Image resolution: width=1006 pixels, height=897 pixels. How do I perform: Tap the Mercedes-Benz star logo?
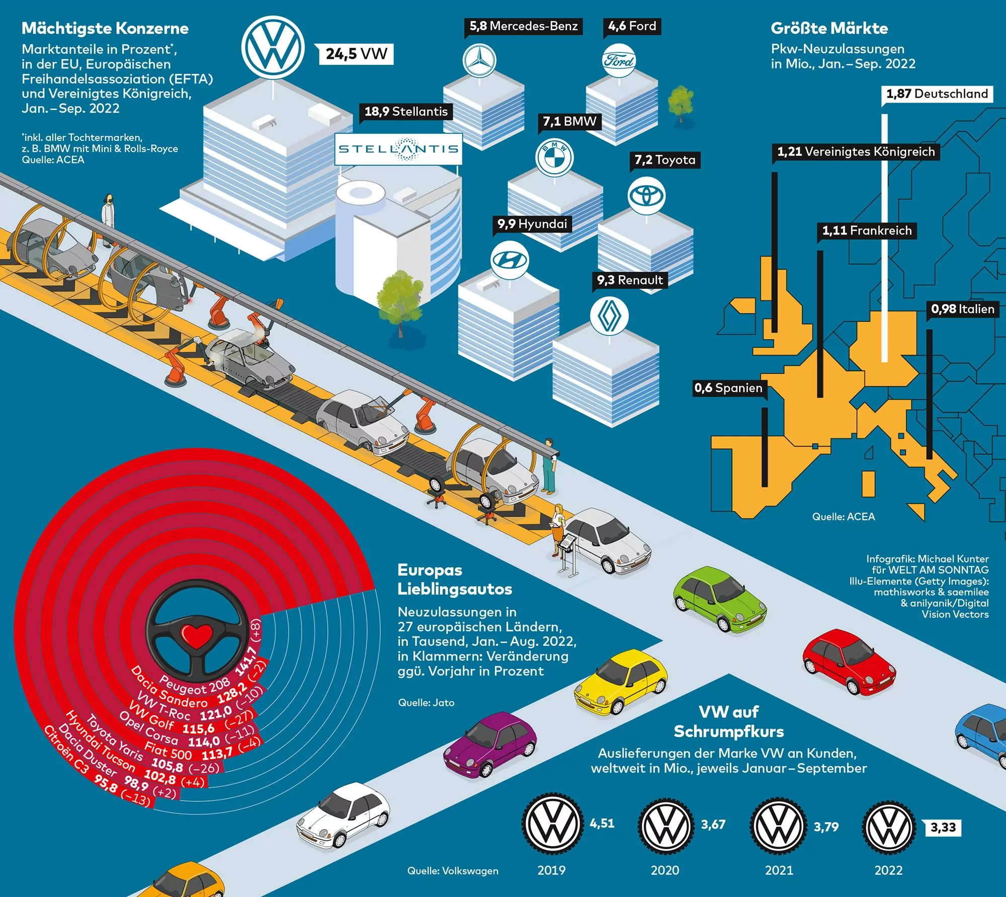coord(479,61)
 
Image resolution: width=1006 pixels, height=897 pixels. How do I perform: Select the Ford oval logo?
coord(619,61)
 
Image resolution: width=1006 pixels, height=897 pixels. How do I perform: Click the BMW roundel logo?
coord(554,157)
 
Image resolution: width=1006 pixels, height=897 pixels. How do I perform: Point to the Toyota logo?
coord(647,196)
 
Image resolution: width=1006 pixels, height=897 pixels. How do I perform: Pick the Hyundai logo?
coord(510,260)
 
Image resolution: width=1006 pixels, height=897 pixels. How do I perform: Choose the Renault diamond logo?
coord(609,315)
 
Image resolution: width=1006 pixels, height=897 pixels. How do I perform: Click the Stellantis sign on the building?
coord(398,149)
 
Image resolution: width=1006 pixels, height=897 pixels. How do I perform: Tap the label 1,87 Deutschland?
coord(937,94)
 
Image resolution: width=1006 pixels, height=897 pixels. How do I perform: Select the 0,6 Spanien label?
coord(728,388)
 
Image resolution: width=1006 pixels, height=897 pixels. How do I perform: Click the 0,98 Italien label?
coord(962,309)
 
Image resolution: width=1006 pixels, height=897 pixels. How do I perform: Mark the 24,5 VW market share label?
coord(356,54)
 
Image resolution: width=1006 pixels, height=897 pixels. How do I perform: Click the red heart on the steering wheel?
coord(198,636)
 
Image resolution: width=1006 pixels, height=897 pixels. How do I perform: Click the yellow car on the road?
coord(621,681)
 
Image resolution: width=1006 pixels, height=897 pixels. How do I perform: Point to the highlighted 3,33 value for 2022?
coord(943,828)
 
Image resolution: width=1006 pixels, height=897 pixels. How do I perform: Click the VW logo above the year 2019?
coord(552,825)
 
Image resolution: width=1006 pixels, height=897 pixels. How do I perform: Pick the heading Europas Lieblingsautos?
coord(454,580)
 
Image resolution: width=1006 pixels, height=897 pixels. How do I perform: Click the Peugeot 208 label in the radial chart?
coord(195,686)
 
